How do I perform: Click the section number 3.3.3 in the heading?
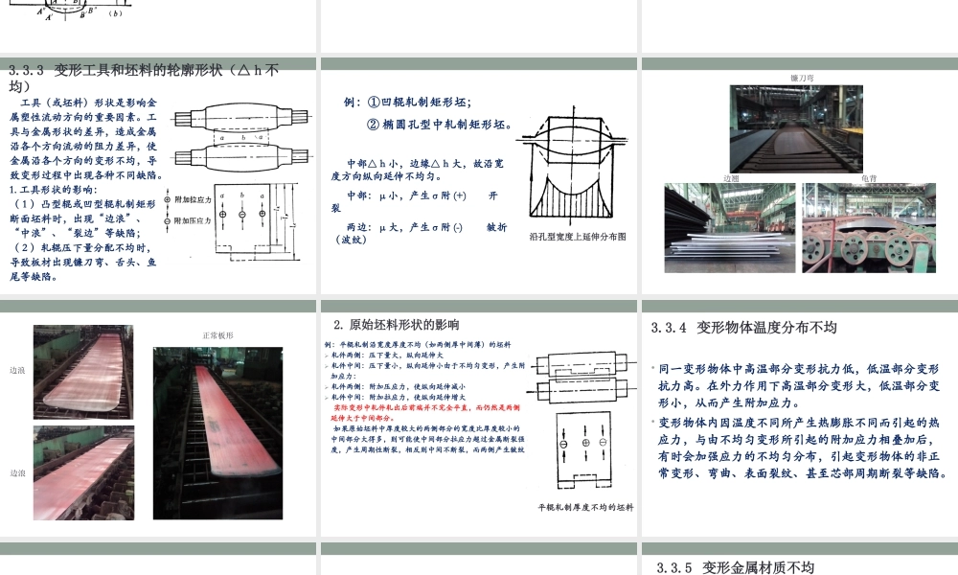point(27,70)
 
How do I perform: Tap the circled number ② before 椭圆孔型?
point(375,125)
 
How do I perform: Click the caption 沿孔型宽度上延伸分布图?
point(577,236)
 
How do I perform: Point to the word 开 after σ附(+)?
point(493,195)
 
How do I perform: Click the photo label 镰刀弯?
point(802,76)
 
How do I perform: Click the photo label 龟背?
point(869,178)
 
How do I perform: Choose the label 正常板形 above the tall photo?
point(217,335)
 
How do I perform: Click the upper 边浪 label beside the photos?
point(17,369)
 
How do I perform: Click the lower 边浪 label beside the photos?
point(17,472)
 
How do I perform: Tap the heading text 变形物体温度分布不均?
point(766,328)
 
